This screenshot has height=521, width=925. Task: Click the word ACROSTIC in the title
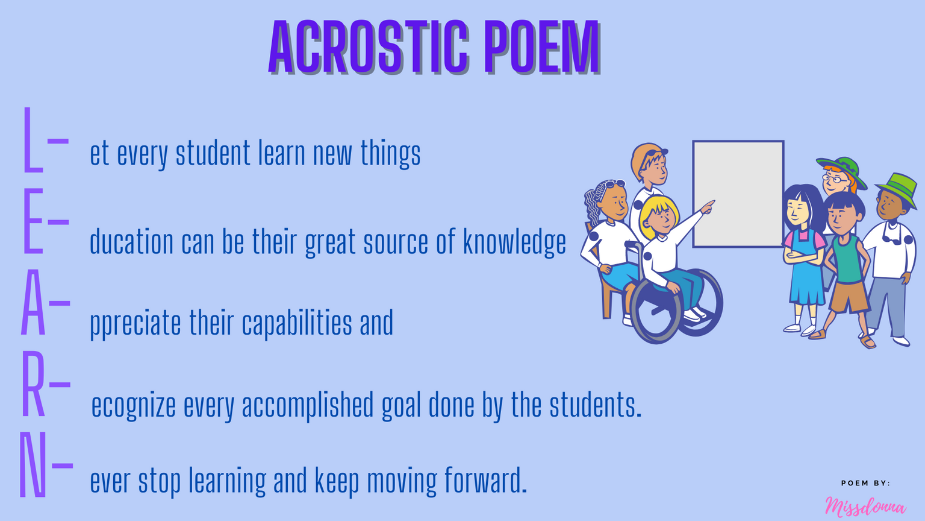369,46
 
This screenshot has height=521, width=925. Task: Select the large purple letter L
33,139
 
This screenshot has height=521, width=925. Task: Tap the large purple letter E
33,221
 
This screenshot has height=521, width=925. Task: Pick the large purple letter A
33,302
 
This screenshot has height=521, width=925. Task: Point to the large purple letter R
33,383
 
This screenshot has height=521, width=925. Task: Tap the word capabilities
297,323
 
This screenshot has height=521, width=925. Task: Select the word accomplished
308,405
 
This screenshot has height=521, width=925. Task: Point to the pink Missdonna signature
865,507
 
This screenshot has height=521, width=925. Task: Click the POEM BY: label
865,483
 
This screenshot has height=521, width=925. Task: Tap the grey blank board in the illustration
738,194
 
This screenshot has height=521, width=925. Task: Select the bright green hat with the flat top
897,190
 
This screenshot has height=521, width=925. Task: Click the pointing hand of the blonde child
708,206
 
